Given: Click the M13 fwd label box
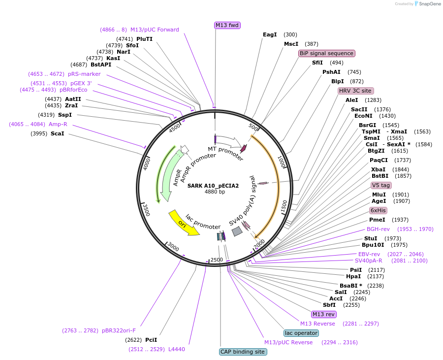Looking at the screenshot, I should (227, 25).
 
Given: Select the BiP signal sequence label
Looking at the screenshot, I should (326, 53).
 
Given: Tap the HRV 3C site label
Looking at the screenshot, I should (355, 91).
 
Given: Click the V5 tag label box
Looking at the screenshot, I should (381, 185).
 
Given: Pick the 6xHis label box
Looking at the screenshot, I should (378, 210).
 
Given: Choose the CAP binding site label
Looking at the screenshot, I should (243, 352).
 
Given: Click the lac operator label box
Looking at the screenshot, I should (301, 333).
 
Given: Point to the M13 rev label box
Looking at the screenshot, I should (323, 314).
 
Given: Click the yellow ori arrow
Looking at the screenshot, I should (184, 223).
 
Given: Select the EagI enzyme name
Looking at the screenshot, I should (270, 34).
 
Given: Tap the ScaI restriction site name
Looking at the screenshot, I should (57, 133).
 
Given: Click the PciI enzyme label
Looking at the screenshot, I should (151, 340).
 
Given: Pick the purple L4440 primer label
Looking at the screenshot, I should (177, 349).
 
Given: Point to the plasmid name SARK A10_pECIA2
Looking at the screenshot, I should (213, 186).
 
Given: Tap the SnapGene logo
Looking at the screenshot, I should (426, 4).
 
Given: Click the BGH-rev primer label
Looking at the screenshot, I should (378, 229).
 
